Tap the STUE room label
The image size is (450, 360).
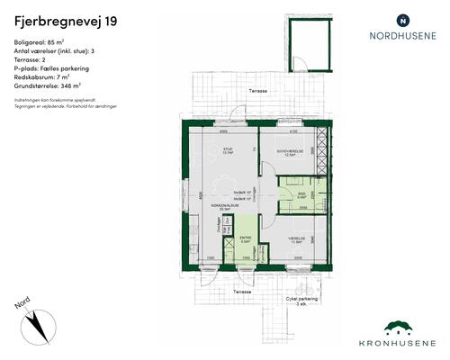coord(228,149)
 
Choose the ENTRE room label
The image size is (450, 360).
coord(245,238)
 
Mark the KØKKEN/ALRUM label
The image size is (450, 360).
coord(224,206)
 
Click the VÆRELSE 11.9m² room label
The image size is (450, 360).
coord(297,239)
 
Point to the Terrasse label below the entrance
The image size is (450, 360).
coord(239,292)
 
